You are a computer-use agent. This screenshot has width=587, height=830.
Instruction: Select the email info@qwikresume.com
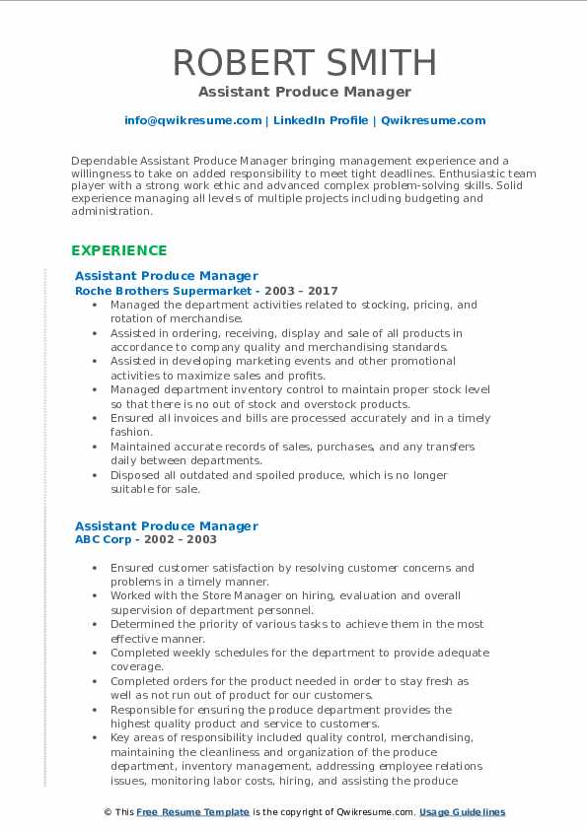click(x=192, y=120)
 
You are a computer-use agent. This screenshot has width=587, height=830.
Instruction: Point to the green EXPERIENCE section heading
click(x=119, y=250)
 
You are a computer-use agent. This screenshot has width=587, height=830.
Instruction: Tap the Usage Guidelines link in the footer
click(x=462, y=812)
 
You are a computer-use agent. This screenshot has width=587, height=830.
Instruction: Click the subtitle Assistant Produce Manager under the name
click(x=304, y=92)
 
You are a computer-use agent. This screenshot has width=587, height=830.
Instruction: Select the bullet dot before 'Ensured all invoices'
click(x=94, y=419)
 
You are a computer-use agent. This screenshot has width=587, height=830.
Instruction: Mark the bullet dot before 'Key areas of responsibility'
click(x=94, y=737)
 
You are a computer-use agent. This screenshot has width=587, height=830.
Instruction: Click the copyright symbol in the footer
click(x=109, y=812)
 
